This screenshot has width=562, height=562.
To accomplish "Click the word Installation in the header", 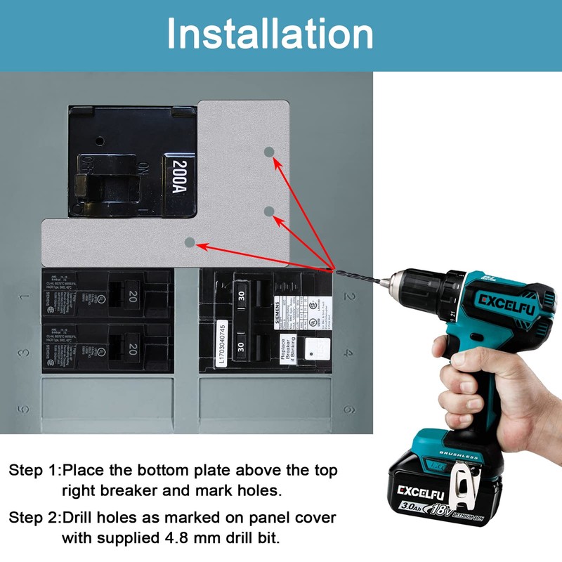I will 270,34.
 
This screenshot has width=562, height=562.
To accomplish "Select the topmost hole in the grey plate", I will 268,152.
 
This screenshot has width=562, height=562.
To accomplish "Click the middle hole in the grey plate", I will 268,211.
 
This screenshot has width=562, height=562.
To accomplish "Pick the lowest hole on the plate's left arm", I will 188,242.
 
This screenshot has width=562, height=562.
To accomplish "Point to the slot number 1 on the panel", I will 24,296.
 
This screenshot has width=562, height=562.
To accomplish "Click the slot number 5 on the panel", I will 24,409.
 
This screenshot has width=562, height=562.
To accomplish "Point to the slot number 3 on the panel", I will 24,353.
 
